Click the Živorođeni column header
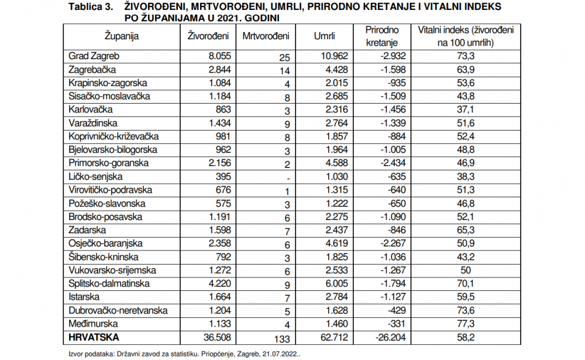click(208, 36)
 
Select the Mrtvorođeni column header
click(266, 36)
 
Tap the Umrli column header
click(324, 36)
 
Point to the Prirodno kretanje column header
click(382, 36)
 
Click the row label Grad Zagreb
click(94, 56)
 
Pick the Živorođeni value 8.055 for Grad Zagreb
click(220, 56)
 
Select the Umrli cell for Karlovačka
click(336, 110)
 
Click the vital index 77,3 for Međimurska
click(466, 324)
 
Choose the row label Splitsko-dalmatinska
click(109, 284)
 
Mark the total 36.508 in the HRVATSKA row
click(217, 338)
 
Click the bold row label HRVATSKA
click(94, 338)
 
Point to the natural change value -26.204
click(391, 338)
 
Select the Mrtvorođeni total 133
click(282, 339)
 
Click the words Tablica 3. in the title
click(91, 7)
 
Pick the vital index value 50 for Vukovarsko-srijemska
click(466, 270)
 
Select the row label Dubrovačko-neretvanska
click(118, 311)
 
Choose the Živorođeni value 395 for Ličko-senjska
click(223, 177)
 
